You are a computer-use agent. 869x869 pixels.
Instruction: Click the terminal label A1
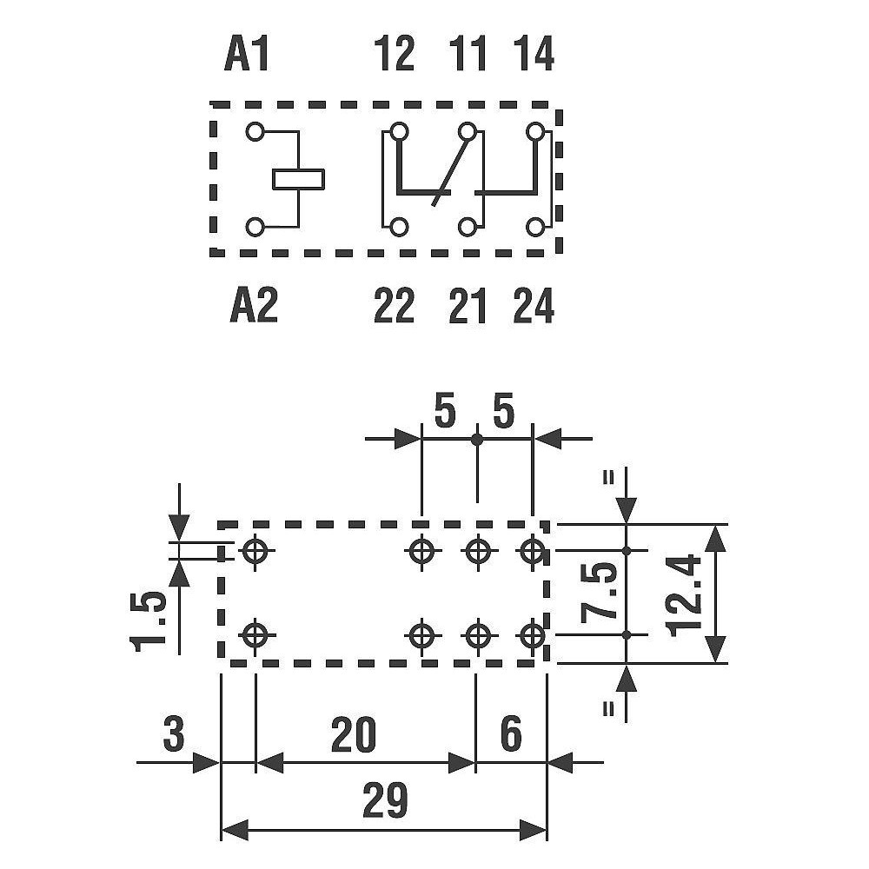coord(247,53)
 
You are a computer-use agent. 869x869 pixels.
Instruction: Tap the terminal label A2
coord(253,305)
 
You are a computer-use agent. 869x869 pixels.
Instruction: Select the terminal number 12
coord(395,53)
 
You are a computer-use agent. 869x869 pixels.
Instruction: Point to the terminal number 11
coord(468,53)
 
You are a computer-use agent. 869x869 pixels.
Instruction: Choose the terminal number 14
coord(534,53)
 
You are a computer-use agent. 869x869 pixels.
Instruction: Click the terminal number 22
coord(394,305)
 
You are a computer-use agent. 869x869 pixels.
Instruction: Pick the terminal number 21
coord(468,305)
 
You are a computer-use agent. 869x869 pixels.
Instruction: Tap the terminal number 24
coord(534,305)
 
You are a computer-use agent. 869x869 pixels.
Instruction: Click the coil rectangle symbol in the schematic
coord(298,180)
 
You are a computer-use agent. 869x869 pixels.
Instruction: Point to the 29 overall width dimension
coord(385,800)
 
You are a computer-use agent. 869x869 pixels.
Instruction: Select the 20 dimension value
coord(354,735)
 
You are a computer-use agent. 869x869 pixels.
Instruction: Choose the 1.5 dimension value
coord(148,619)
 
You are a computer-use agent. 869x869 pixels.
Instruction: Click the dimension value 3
coord(174,735)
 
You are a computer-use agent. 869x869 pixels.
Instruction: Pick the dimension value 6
coord(510,735)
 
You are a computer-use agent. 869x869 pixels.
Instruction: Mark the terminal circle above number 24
coord(534,227)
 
